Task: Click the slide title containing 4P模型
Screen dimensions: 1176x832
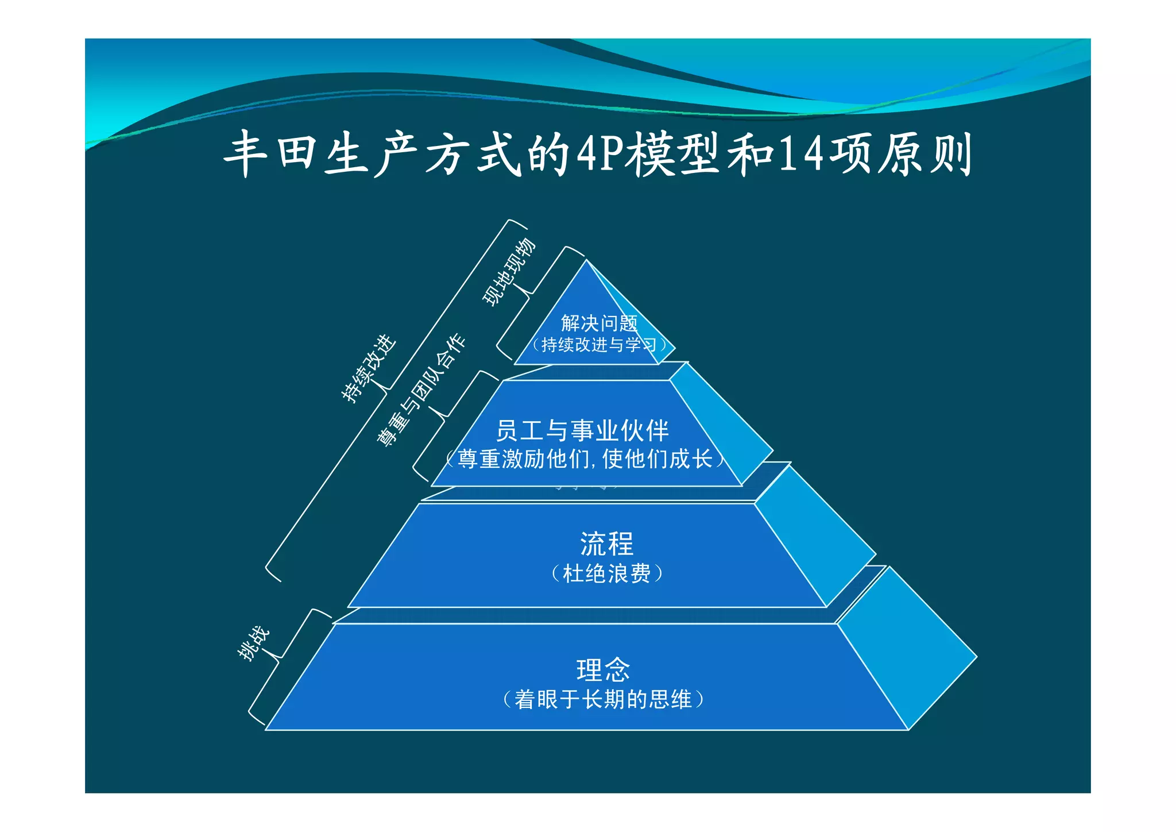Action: pyautogui.click(x=597, y=154)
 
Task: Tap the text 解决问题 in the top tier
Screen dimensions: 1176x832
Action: pyautogui.click(x=599, y=323)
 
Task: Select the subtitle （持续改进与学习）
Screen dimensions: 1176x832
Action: pyautogui.click(x=599, y=345)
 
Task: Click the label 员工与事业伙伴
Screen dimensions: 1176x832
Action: pyautogui.click(x=582, y=430)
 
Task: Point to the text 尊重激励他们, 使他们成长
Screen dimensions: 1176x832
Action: pyautogui.click(x=585, y=459)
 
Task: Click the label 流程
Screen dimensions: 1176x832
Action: pyautogui.click(x=606, y=544)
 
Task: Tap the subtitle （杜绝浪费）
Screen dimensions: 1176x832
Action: pyautogui.click(x=606, y=573)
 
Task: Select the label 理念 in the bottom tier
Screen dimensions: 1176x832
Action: pyautogui.click(x=603, y=669)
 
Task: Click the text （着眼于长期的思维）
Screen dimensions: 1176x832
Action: pyautogui.click(x=603, y=700)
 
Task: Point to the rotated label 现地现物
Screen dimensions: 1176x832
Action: pyautogui.click(x=509, y=272)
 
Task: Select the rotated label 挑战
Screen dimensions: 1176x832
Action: pyautogui.click(x=253, y=643)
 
